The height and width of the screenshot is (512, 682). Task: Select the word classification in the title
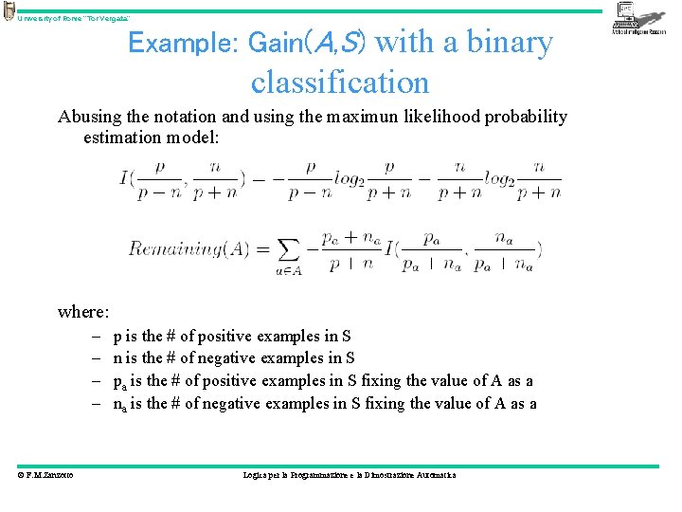point(340,82)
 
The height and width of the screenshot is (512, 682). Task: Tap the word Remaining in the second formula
point(174,249)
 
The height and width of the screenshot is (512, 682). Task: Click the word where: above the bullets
point(83,311)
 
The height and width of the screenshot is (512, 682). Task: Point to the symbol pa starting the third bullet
point(118,381)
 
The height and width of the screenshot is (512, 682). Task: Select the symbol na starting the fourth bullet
point(118,404)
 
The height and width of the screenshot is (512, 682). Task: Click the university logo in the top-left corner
point(9,11)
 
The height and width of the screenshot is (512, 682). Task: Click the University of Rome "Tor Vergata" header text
point(73,19)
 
